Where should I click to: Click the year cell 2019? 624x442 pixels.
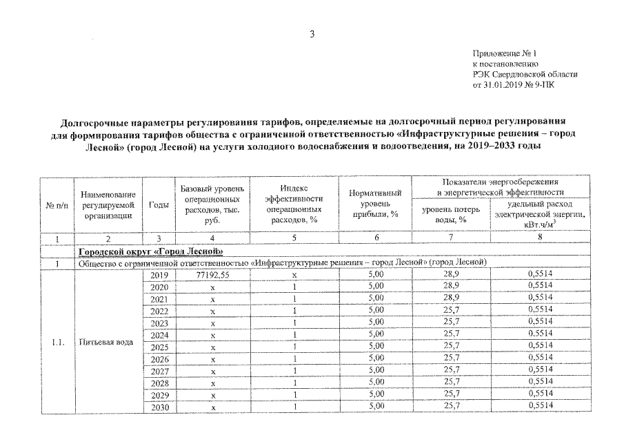(159, 275)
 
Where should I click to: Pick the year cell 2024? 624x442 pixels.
(159, 334)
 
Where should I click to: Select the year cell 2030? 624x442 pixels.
(159, 407)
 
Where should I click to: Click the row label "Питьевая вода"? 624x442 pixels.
(105, 341)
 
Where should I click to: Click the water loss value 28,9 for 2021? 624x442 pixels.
(452, 298)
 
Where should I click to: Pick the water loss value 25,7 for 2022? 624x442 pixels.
(452, 310)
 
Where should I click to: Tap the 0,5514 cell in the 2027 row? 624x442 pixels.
(541, 370)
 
